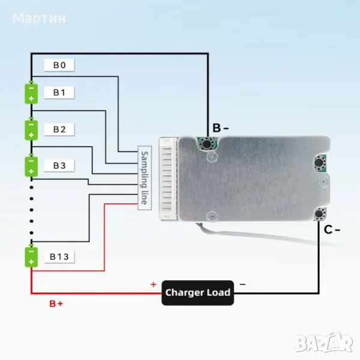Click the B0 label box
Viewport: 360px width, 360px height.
(x=59, y=65)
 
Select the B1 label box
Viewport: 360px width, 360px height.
(x=59, y=92)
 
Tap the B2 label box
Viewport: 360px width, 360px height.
(x=59, y=129)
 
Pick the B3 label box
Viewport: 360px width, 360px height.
(x=59, y=165)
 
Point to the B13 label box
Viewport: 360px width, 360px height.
(x=59, y=257)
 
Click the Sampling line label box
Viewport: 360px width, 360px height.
(x=143, y=178)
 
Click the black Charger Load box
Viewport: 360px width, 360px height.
(x=197, y=293)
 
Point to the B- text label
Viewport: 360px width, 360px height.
(x=220, y=127)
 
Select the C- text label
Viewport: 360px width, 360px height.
(x=332, y=229)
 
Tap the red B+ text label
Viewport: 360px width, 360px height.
(x=56, y=304)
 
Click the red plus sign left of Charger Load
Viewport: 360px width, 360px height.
(x=153, y=284)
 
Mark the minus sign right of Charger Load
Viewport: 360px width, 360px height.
(x=242, y=284)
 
